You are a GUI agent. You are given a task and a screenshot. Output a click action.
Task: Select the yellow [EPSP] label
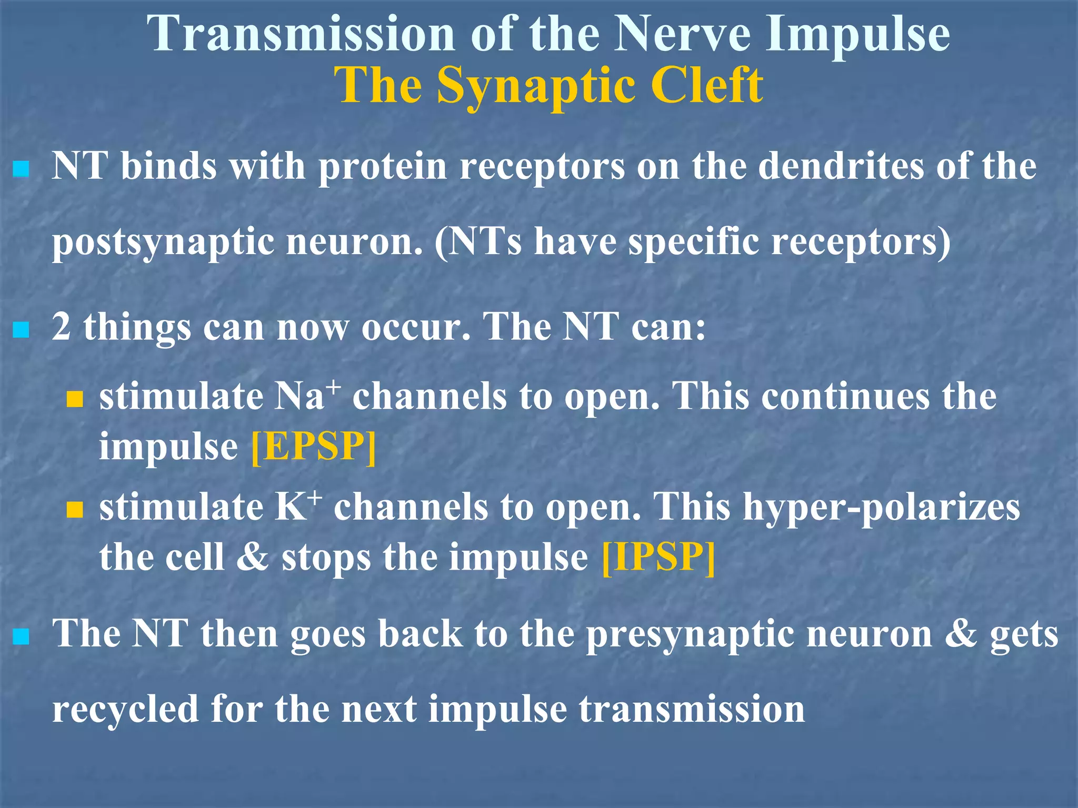coord(314,447)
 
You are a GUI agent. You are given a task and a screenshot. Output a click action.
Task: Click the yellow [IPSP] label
coord(658,558)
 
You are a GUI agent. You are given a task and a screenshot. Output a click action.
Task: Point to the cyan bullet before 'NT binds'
coord(21,169)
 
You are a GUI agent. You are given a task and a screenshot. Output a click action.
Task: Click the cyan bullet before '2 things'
coord(21,330)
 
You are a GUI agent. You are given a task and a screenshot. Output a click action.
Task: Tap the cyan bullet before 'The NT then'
coord(21,637)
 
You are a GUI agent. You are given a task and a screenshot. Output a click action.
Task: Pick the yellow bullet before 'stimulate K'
coord(75,510)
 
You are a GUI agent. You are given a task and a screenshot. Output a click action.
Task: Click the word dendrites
coord(841,166)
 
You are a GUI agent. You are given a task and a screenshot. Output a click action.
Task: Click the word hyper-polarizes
coord(881,508)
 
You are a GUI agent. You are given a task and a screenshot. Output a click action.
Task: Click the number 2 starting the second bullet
coord(61,327)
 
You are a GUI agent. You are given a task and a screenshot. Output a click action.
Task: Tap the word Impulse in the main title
coord(857,34)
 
